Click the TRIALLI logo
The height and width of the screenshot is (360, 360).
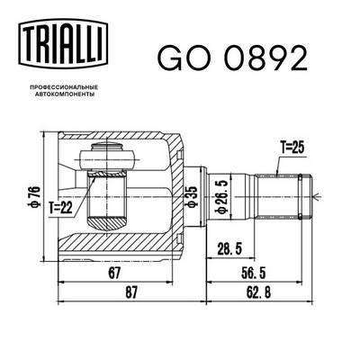coord(63,42)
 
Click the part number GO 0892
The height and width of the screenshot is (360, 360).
coord(232,58)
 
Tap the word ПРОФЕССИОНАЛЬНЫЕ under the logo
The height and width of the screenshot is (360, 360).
coord(63,87)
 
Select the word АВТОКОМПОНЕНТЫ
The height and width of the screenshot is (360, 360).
coord(65,94)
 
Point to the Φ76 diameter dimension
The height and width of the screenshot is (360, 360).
coord(34,196)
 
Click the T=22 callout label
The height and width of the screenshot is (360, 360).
coord(61,208)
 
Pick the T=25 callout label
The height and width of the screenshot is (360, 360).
coord(292,147)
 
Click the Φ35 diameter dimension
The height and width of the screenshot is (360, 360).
coord(193,196)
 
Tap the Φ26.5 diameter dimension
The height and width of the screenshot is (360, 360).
coord(221,196)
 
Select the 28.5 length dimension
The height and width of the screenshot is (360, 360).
coord(229,249)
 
